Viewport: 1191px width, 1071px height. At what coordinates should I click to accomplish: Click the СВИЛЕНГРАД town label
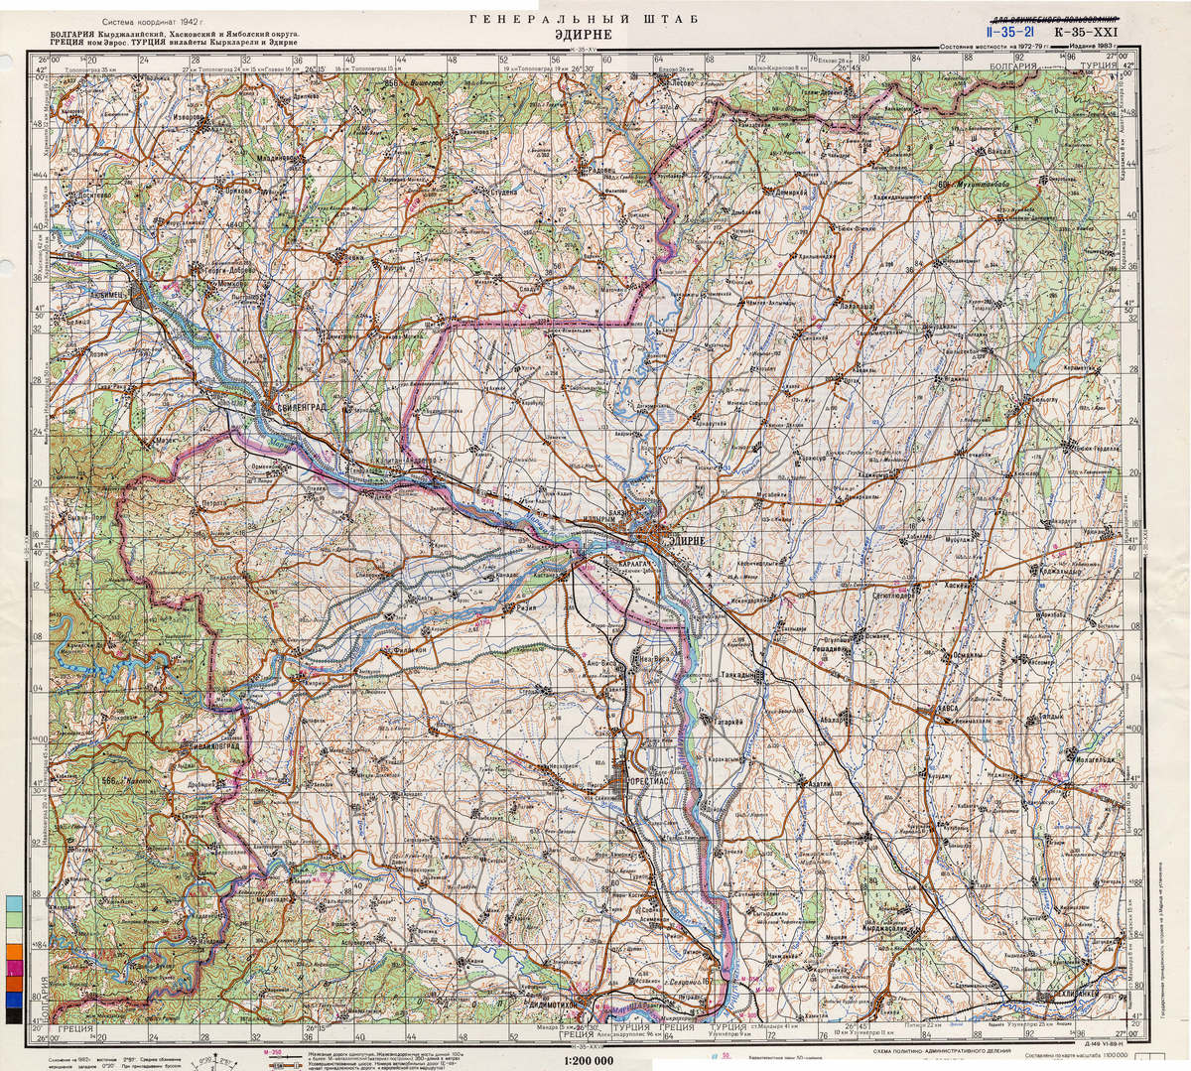[304, 405]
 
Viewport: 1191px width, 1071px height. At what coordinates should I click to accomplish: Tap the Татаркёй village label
[722, 721]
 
